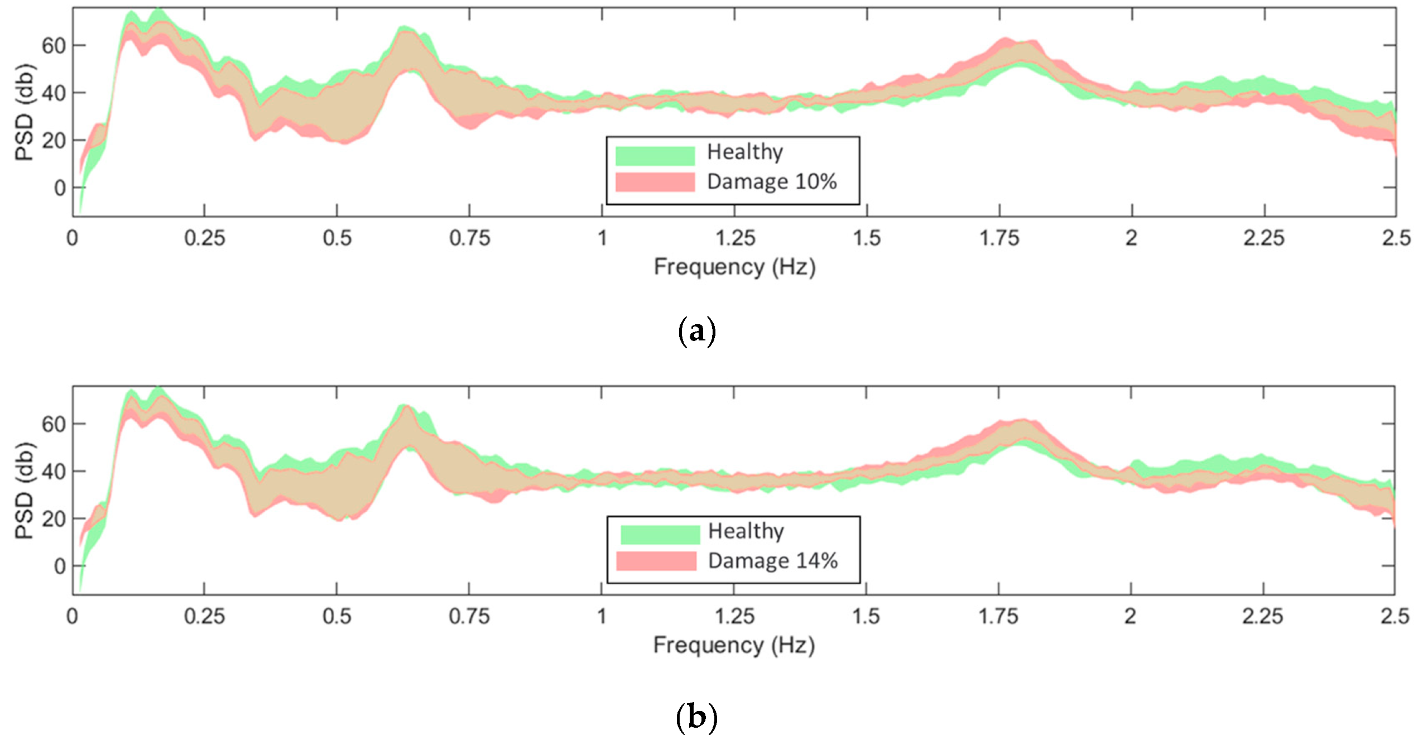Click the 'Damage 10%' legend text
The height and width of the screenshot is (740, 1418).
(x=772, y=182)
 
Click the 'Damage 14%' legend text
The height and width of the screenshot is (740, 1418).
(x=773, y=561)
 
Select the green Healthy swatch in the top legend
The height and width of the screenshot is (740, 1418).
(x=655, y=156)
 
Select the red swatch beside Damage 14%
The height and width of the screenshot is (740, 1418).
(x=656, y=561)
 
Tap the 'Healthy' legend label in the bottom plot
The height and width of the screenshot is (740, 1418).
(x=746, y=531)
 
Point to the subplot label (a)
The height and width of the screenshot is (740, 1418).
(x=696, y=331)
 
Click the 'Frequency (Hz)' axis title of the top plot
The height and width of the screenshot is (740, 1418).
(x=734, y=267)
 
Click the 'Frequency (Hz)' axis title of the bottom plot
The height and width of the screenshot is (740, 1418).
(x=734, y=646)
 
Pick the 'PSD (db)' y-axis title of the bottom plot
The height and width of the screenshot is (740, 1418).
(x=25, y=491)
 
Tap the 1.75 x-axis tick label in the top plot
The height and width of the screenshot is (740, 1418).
(x=999, y=239)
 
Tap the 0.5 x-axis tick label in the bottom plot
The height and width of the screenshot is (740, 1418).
(x=337, y=617)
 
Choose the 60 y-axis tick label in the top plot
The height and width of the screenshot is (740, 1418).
(x=54, y=46)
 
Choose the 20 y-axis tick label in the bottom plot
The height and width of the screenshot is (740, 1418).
(x=54, y=520)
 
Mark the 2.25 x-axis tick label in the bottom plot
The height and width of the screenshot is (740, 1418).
(x=1262, y=617)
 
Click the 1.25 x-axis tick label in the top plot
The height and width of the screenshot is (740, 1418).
(x=735, y=239)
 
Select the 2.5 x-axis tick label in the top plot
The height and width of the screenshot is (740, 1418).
(x=1396, y=239)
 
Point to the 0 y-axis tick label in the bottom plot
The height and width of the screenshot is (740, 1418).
(x=60, y=567)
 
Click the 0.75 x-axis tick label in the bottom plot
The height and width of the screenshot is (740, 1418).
(x=469, y=617)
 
